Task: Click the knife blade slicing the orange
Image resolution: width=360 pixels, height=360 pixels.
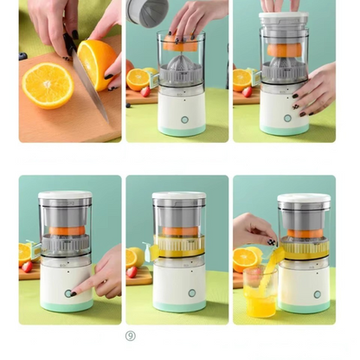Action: (90, 87)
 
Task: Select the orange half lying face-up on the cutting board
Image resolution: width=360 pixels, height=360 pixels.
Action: (48, 86)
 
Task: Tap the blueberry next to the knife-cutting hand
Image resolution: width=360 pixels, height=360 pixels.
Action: (22, 55)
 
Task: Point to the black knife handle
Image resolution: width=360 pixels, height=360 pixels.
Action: (69, 43)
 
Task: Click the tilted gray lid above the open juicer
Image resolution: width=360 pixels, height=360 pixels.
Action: (147, 12)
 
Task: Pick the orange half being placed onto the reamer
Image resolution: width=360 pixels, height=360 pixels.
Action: (180, 42)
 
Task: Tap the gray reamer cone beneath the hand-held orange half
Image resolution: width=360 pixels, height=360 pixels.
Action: (180, 63)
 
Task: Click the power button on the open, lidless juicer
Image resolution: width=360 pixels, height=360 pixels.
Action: (184, 119)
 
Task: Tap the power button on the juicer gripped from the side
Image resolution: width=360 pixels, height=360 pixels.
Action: (287, 118)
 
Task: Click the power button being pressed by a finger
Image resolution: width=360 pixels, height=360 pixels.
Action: (68, 293)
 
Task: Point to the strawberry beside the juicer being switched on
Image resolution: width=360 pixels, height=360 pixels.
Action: (27, 267)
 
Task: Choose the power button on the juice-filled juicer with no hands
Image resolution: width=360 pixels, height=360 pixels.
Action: (192, 293)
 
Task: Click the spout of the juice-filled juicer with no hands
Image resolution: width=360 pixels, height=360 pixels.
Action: (149, 252)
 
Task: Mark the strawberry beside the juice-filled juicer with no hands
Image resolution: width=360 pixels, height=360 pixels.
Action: (132, 272)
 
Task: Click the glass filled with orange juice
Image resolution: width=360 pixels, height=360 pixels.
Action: (260, 292)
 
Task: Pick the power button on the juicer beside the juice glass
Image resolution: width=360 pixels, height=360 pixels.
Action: (318, 294)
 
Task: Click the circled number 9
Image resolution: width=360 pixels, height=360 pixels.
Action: (131, 336)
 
